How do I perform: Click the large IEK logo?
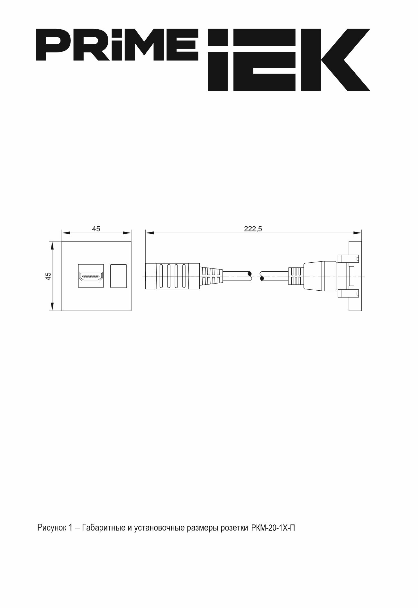coord(289,59)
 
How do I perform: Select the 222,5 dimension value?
coord(253,229)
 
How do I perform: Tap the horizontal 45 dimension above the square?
coord(96,229)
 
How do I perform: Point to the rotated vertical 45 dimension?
coord(48,276)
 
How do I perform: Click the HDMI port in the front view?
coord(91,276)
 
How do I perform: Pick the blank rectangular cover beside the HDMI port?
coord(118,276)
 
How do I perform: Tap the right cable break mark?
coord(262,276)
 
